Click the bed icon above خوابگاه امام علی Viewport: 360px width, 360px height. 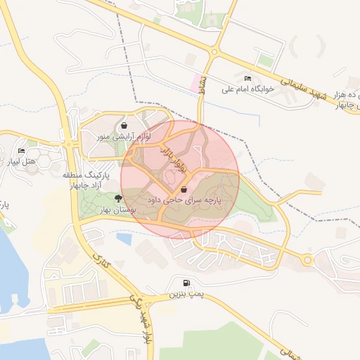point(247,78)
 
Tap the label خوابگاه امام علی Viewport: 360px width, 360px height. point(246,89)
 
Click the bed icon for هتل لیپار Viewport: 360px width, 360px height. point(22,151)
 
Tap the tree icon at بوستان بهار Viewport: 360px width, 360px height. point(127,199)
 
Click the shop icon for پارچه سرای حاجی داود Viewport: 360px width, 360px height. point(184,190)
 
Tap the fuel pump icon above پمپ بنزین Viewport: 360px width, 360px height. point(186,283)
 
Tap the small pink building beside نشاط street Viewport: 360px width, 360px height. point(193,82)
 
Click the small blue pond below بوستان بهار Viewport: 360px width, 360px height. point(124,239)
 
